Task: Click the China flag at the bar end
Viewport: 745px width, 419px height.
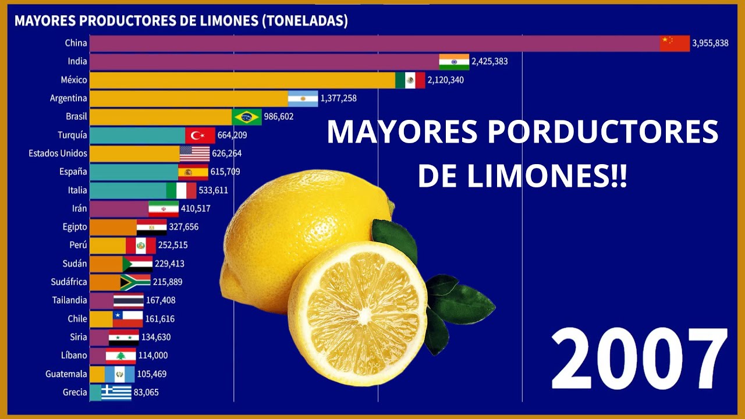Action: pyautogui.click(x=675, y=43)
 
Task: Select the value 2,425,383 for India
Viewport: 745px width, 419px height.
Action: pyautogui.click(x=489, y=61)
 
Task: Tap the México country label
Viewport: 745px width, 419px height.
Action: pyautogui.click(x=74, y=80)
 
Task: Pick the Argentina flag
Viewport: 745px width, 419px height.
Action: pyautogui.click(x=303, y=98)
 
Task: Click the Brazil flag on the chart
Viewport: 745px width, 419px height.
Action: pyautogui.click(x=247, y=116)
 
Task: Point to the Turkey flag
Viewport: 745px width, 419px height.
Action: pyautogui.click(x=200, y=135)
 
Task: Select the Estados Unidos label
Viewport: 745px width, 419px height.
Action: pyautogui.click(x=58, y=153)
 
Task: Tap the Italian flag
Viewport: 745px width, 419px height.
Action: pyautogui.click(x=181, y=190)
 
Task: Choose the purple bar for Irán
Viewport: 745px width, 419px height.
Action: pyautogui.click(x=119, y=208)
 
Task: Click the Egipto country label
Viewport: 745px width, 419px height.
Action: pyautogui.click(x=75, y=227)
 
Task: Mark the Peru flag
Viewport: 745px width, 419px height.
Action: pyautogui.click(x=141, y=245)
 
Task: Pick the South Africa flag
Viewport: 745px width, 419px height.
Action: pyautogui.click(x=136, y=282)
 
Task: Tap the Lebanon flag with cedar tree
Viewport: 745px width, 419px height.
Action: pyautogui.click(x=120, y=356)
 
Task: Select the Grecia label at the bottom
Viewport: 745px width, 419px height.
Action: pyautogui.click(x=75, y=392)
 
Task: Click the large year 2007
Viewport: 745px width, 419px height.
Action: pyautogui.click(x=638, y=358)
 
